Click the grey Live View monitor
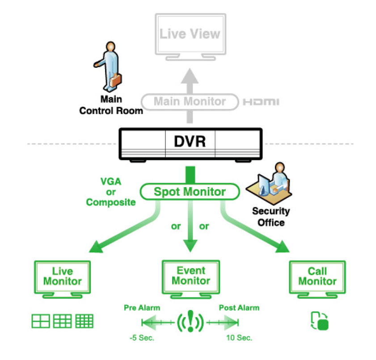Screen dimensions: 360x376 [x=190, y=35]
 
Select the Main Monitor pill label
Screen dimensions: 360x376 [x=190, y=101]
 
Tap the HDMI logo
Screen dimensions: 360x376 [x=261, y=102]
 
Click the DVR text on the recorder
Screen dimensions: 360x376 [x=190, y=142]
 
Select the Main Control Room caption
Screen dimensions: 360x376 [x=111, y=105]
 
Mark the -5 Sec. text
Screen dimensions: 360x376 [x=142, y=337]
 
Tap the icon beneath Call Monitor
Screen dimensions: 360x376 [x=320, y=321]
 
